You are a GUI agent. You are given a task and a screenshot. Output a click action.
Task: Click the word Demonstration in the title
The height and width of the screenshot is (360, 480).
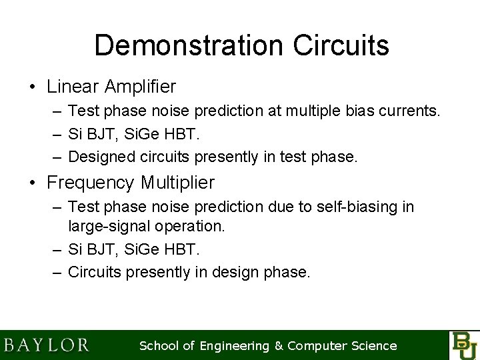(185, 46)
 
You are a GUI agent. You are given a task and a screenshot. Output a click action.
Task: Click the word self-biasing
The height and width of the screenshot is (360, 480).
(361, 207)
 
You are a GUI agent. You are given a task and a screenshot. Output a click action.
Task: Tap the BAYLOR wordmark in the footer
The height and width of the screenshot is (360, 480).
(46, 345)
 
